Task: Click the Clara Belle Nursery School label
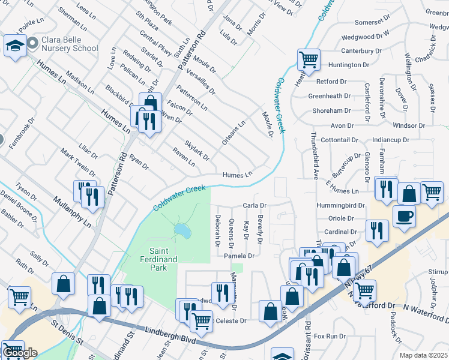click(x=70, y=44)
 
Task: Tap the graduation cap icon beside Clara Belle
click(x=14, y=45)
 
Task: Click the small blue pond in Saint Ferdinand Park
click(x=181, y=230)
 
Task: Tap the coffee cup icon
click(x=404, y=215)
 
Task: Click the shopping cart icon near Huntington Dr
click(x=308, y=59)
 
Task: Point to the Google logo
click(x=20, y=353)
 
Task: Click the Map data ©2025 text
click(x=423, y=355)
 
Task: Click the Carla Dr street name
click(x=254, y=205)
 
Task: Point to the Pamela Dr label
click(x=240, y=256)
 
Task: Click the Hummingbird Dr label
click(x=340, y=205)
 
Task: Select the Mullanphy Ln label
click(x=71, y=212)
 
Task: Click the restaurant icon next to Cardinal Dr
click(x=376, y=230)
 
